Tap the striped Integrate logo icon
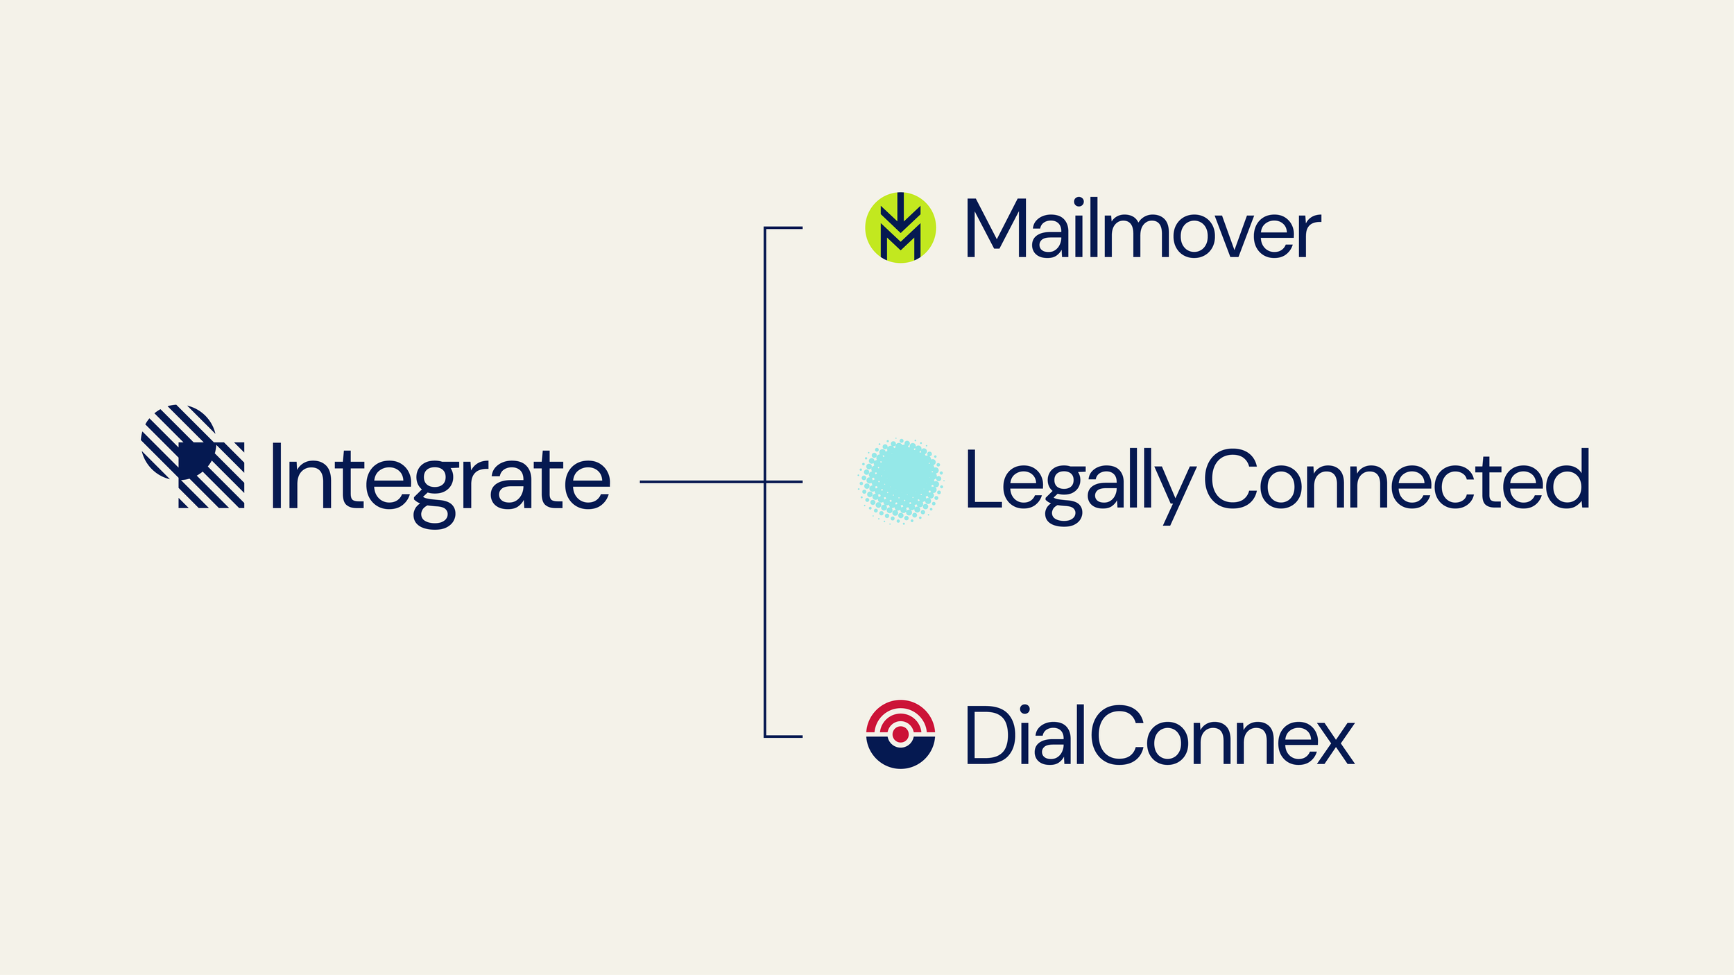tap(192, 456)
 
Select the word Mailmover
tap(1143, 229)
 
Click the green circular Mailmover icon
tap(900, 227)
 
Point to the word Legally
tap(1079, 481)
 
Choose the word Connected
tap(1396, 478)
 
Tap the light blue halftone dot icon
tap(900, 480)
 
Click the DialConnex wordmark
tap(1159, 736)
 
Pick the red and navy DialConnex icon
tap(900, 734)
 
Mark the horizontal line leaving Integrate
tap(701, 481)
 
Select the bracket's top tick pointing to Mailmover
tap(784, 227)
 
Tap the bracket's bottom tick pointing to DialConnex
tap(784, 736)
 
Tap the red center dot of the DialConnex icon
tap(900, 734)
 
